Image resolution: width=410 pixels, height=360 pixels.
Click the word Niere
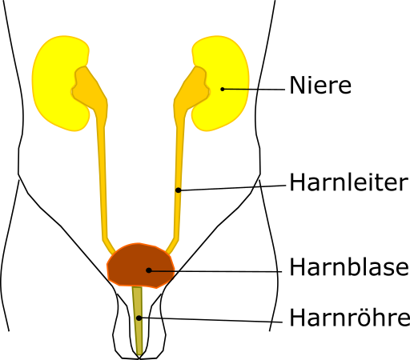(320, 85)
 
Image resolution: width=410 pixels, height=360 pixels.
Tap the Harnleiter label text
(349, 182)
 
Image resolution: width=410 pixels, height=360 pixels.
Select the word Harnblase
(349, 266)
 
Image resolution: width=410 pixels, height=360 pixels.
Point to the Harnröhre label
(349, 317)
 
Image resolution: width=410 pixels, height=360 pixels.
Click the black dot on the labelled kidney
(223, 89)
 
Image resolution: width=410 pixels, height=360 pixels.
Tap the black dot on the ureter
(179, 190)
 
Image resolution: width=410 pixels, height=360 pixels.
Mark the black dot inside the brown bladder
(149, 270)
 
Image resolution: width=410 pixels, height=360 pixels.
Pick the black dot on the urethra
(139, 318)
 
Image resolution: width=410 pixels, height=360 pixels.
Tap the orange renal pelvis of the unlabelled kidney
(90, 90)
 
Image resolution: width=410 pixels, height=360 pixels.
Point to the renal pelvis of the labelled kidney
(191, 90)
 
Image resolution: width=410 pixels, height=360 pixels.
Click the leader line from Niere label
(254, 90)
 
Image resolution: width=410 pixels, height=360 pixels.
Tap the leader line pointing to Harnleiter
(232, 188)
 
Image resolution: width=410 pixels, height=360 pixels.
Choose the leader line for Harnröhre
(211, 320)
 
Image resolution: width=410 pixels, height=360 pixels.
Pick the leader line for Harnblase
(215, 271)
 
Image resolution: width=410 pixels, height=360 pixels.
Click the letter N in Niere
(296, 85)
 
